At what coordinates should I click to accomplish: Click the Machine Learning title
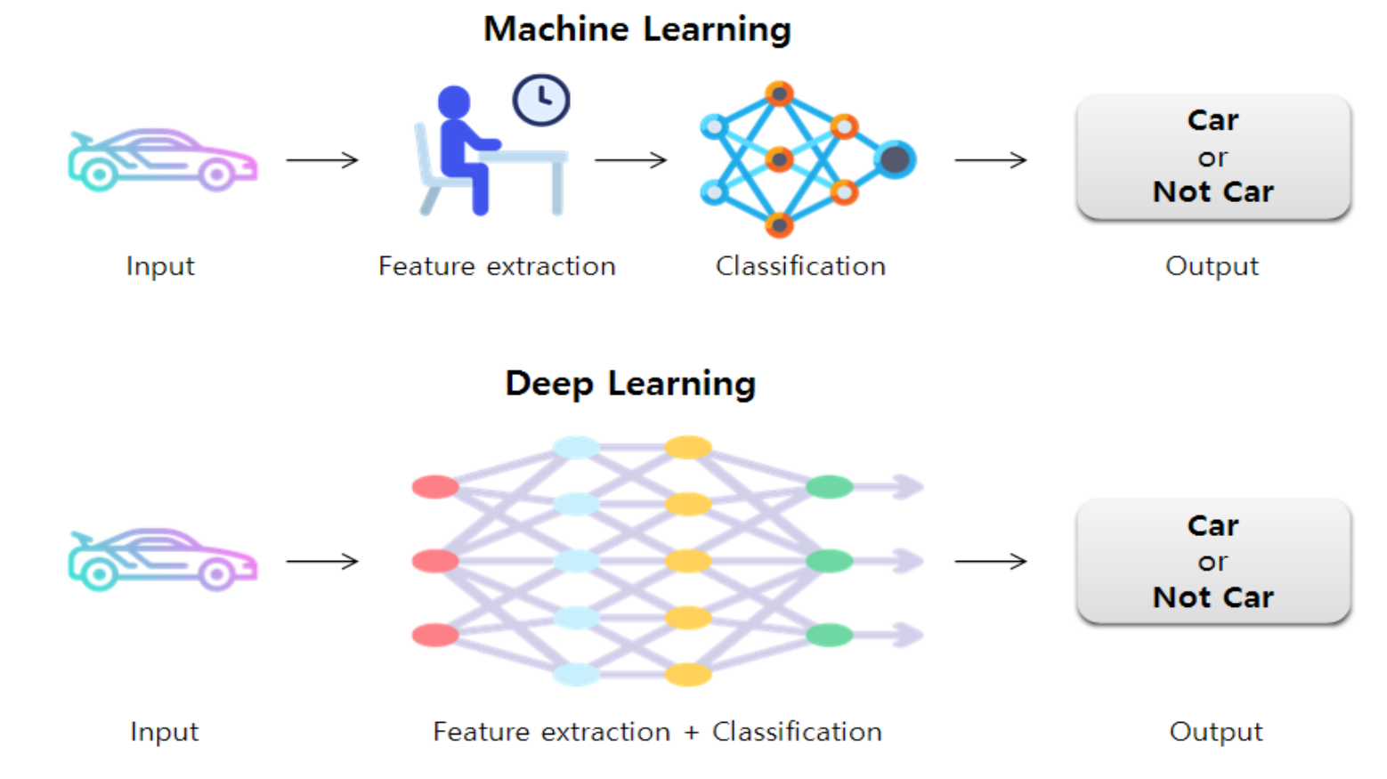(x=637, y=29)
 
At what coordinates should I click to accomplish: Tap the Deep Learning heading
(x=630, y=384)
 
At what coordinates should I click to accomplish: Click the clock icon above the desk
(x=541, y=100)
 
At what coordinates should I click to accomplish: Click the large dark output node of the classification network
(x=895, y=159)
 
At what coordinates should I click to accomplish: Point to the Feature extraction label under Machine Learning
(x=497, y=266)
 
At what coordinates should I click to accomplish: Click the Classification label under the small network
(x=800, y=266)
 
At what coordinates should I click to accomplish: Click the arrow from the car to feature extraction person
(x=322, y=160)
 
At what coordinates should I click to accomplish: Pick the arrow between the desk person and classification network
(x=630, y=160)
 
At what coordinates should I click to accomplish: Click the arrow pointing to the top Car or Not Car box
(x=990, y=160)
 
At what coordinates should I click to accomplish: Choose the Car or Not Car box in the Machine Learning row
(x=1213, y=157)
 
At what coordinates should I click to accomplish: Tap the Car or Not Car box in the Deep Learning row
(x=1213, y=561)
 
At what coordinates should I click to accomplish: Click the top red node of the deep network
(x=435, y=487)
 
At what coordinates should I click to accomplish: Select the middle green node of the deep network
(x=830, y=561)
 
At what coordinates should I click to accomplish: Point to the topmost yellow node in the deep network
(x=688, y=447)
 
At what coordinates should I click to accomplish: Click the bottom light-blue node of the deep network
(x=576, y=674)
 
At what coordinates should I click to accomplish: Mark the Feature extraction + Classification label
(x=657, y=732)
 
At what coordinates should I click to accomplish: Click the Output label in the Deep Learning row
(x=1215, y=732)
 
